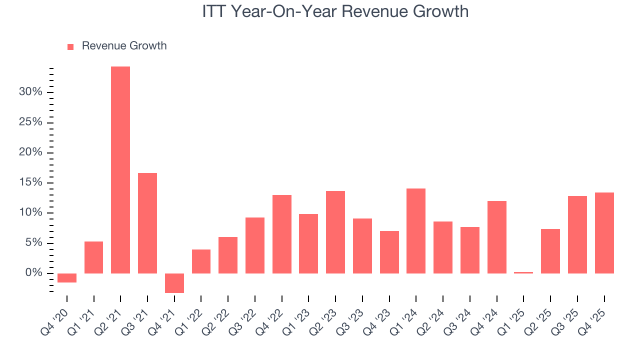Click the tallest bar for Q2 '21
coord(120,170)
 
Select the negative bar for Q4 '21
coord(174,283)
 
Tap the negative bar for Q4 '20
coord(67,278)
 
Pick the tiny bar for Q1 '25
coord(523,272)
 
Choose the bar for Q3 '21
coord(147,223)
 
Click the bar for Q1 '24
coord(416,231)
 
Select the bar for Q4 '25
coord(604,233)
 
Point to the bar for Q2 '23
coord(335,232)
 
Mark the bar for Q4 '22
coord(282,234)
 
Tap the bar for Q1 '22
coord(201,261)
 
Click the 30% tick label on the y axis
coord(30,92)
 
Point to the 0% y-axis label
coord(33,273)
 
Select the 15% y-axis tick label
coord(30,182)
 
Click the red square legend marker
coord(70,46)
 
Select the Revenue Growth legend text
coord(124,46)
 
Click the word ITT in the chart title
coord(213,11)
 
